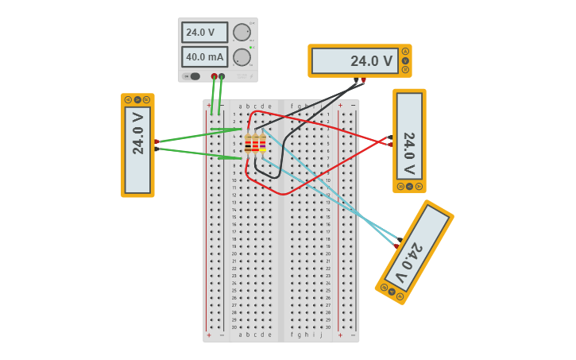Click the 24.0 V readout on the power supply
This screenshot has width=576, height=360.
coord(204,33)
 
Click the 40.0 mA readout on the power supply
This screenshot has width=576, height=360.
coord(204,57)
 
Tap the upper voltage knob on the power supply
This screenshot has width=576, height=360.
coord(242,32)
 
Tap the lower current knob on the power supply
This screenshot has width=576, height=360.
coord(242,57)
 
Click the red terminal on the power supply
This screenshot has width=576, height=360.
coord(214,76)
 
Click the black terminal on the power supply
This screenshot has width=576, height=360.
coord(222,76)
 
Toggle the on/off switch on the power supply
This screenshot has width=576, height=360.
coord(191,76)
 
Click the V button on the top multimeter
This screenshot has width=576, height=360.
coord(405,60)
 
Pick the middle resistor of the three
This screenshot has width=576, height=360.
coord(255,144)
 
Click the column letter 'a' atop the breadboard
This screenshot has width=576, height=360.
coord(241,106)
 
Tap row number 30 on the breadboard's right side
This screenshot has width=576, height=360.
coord(327,327)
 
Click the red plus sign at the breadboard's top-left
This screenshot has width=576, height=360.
coord(209,106)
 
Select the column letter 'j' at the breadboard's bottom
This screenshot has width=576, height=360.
coord(320,335)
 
